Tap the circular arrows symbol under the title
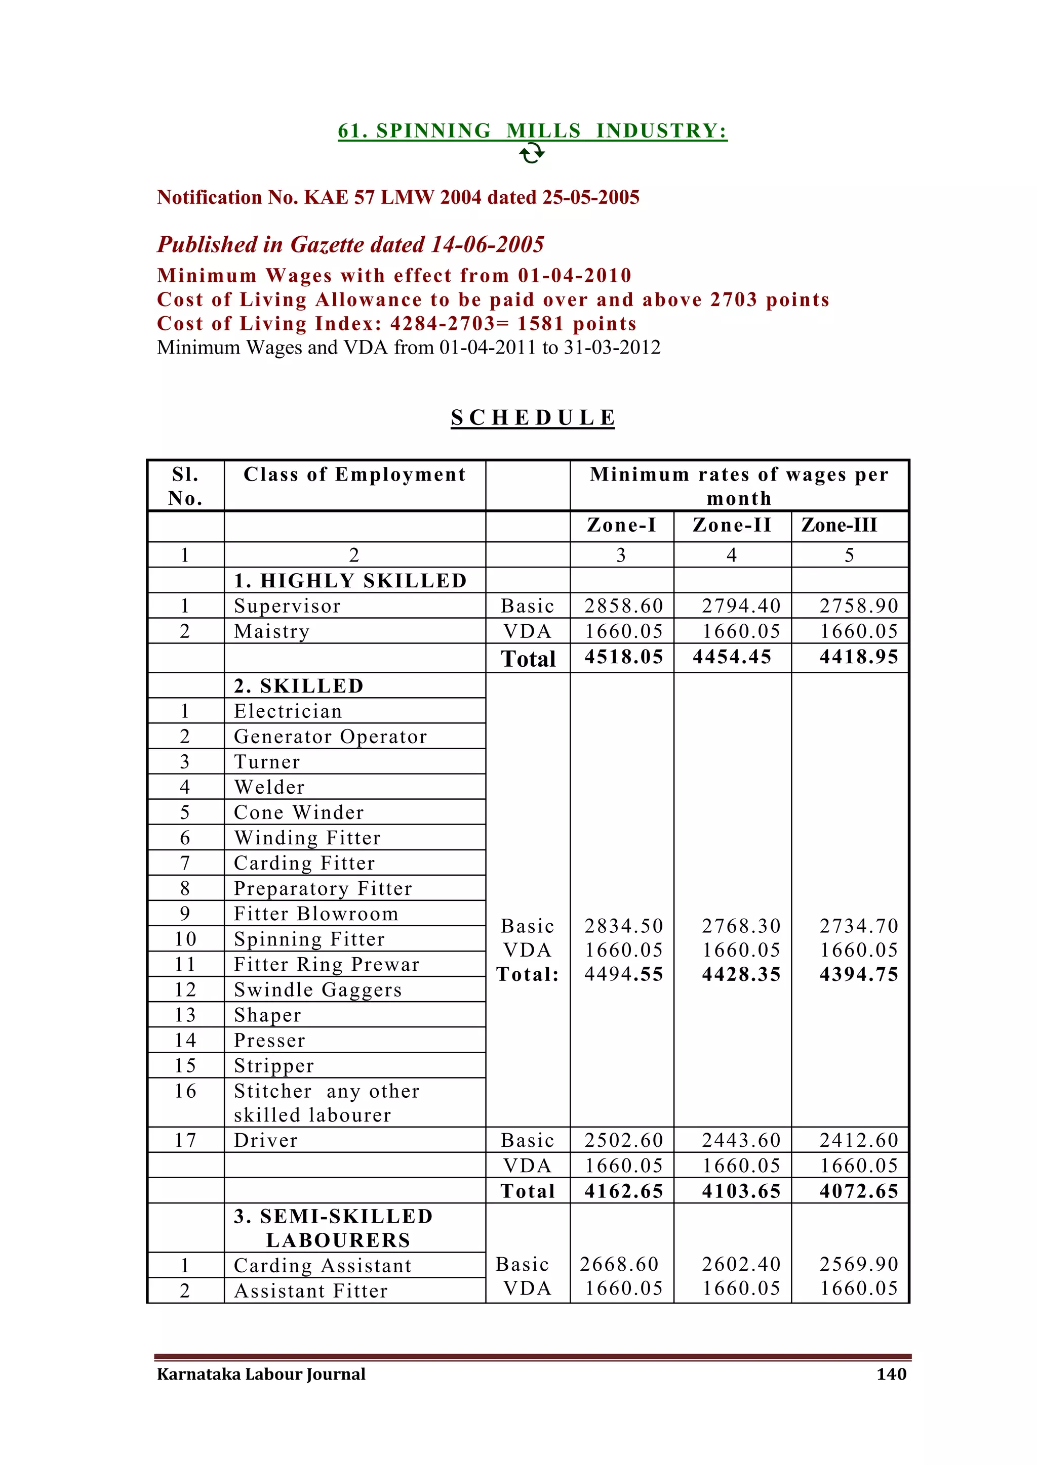[531, 153]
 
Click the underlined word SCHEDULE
[533, 417]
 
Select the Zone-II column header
[732, 525]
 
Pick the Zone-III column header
[839, 525]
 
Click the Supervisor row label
[287, 606]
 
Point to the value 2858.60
[623, 606]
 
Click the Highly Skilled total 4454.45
[732, 657]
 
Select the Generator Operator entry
[330, 737]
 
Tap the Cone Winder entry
[298, 812]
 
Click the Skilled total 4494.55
[623, 974]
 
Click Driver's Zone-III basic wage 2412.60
[858, 1140]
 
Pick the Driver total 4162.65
[623, 1191]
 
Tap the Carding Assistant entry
[322, 1265]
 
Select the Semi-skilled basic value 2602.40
[741, 1264]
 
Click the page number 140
[891, 1374]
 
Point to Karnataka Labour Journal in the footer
[261, 1374]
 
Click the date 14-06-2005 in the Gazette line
[487, 244]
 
